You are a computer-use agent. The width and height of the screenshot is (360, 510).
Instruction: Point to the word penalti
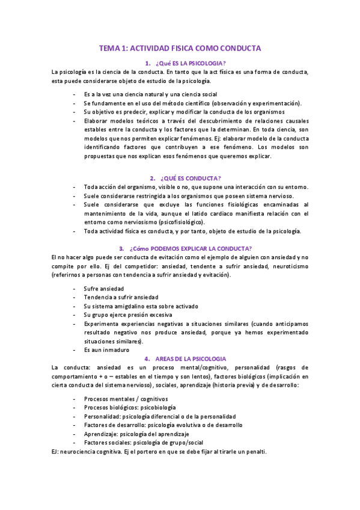[x=254, y=452]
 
